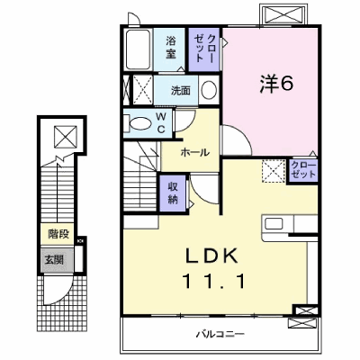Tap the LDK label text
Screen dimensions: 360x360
(211, 256)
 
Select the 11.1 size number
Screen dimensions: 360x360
(214, 282)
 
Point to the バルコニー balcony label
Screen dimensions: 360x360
(220, 334)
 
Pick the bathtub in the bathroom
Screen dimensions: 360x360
(138, 49)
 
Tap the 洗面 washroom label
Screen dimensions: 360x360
(181, 90)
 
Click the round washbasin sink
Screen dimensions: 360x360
(209, 90)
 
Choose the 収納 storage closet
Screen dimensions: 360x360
(173, 193)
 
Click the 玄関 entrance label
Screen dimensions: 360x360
(54, 259)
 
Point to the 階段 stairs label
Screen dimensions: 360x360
(58, 234)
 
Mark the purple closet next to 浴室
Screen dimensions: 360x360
(204, 49)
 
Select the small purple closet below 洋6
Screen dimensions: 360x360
(302, 170)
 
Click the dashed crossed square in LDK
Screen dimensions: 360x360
(274, 171)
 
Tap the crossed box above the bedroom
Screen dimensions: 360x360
(283, 14)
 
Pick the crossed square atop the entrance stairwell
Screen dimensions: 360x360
(66, 137)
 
